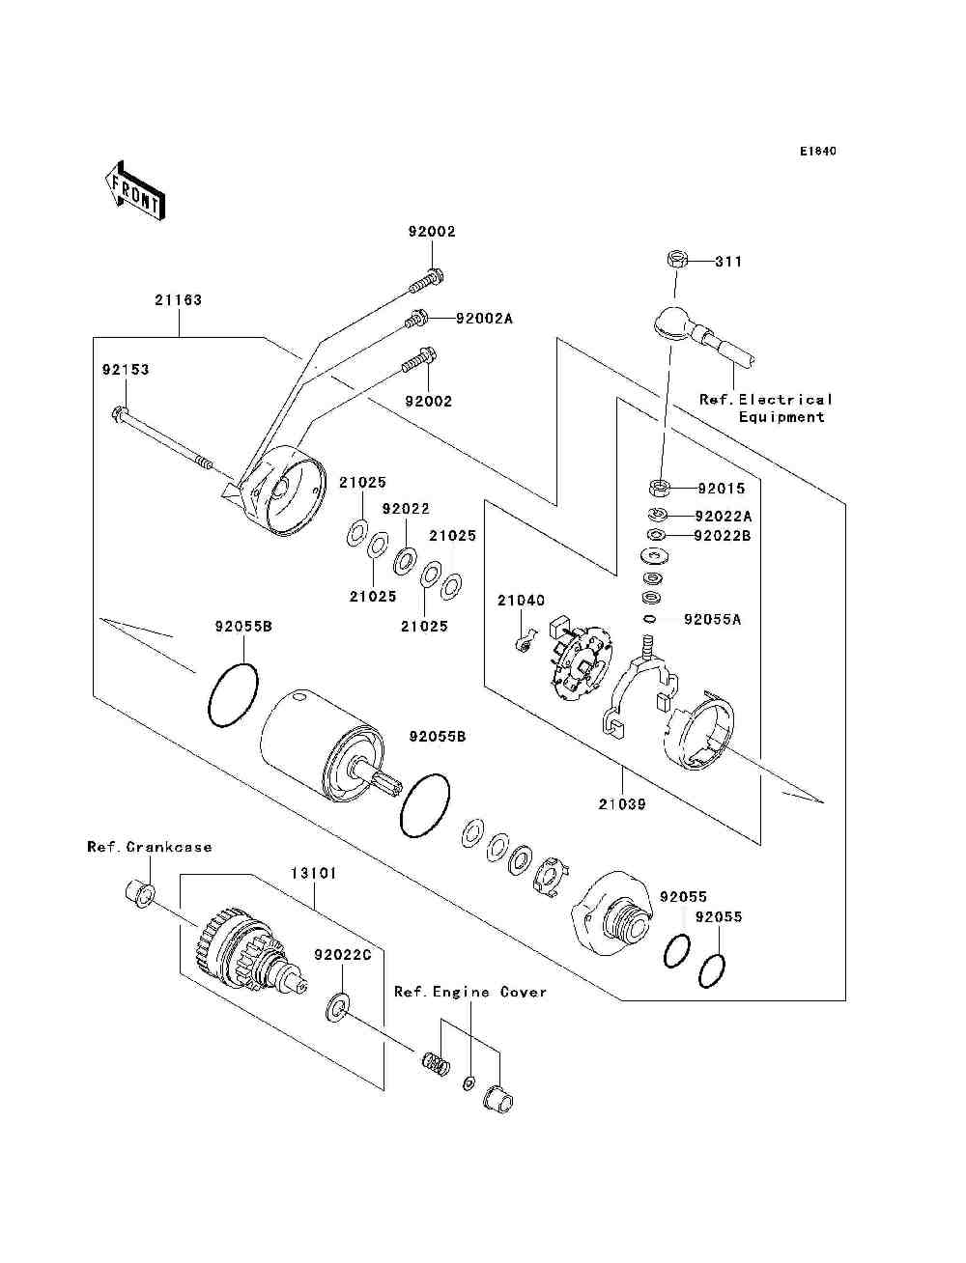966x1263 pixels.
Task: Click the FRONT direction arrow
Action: [x=134, y=190]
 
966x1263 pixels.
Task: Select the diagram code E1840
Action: [x=817, y=152]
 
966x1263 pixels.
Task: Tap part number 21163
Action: [x=178, y=299]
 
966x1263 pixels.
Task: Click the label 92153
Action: [x=126, y=370]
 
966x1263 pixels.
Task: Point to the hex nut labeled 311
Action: [x=676, y=260]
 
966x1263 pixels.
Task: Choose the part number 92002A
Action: [x=484, y=319]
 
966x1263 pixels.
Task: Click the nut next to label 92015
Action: [x=659, y=488]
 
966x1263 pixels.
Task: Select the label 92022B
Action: [x=723, y=536]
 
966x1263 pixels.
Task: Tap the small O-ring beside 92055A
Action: [x=649, y=619]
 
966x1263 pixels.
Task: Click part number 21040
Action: [x=521, y=601]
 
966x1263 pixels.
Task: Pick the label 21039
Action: [x=622, y=803]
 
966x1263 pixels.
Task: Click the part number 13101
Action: [x=313, y=873]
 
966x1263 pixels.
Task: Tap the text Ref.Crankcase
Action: [x=150, y=847]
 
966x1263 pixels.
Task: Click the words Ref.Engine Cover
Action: [x=470, y=992]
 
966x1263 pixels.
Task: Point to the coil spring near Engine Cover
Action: [x=436, y=1064]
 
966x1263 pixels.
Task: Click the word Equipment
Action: [x=781, y=417]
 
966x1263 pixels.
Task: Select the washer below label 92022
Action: [x=406, y=561]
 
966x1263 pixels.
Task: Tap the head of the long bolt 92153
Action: [x=118, y=413]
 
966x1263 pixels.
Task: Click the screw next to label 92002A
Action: [x=415, y=319]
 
